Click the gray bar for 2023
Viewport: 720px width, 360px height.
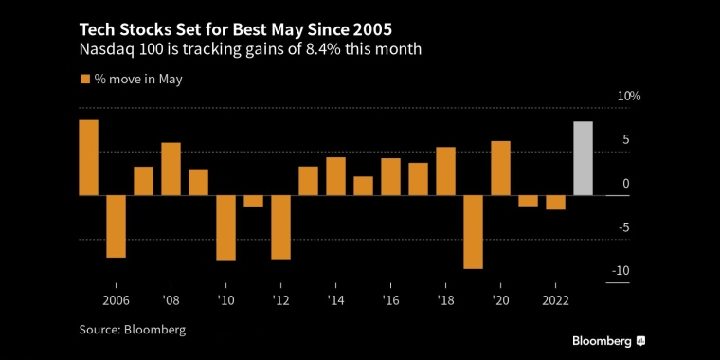[584, 158]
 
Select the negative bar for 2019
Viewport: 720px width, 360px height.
[474, 232]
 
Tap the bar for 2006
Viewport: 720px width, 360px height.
[116, 226]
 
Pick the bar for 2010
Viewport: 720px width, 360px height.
[225, 227]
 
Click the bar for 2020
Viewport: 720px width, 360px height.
[501, 169]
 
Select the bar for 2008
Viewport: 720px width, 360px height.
[171, 170]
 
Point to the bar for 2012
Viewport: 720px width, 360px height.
[280, 227]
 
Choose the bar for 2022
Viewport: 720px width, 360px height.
[556, 203]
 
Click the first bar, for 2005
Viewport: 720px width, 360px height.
[88, 157]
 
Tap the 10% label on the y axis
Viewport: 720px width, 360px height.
[629, 97]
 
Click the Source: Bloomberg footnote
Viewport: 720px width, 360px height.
[132, 330]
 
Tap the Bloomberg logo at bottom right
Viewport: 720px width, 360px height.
[608, 340]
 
